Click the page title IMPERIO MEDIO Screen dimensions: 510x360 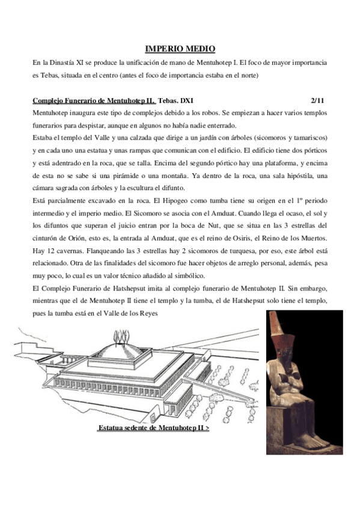pyautogui.click(x=180, y=48)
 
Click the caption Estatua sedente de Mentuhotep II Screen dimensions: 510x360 pyautogui.click(x=153, y=429)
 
